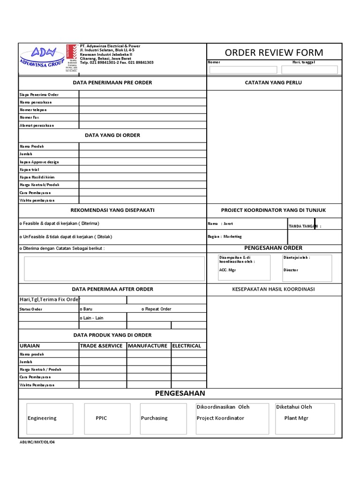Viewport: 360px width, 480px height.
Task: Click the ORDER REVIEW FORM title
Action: pyautogui.click(x=274, y=52)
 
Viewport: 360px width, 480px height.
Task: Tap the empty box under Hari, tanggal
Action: pyautogui.click(x=309, y=70)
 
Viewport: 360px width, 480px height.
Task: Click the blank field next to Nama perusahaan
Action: pyautogui.click(x=142, y=102)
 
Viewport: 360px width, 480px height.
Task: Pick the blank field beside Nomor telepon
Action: pyautogui.click(x=142, y=110)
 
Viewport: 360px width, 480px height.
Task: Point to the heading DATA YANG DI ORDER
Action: pyautogui.click(x=112, y=135)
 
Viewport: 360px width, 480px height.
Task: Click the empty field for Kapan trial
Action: pyautogui.click(x=142, y=169)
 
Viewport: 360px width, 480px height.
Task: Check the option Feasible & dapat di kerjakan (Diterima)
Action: pyautogui.click(x=21, y=224)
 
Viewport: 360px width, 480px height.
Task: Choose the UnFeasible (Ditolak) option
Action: pyautogui.click(x=21, y=237)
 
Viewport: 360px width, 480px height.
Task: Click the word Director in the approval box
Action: pyautogui.click(x=291, y=270)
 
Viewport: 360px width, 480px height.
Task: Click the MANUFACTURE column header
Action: pyautogui.click(x=148, y=345)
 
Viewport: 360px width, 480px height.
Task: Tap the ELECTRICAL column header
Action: pyautogui.click(x=187, y=345)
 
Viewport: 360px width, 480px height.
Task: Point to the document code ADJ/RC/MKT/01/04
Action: pyautogui.click(x=34, y=442)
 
